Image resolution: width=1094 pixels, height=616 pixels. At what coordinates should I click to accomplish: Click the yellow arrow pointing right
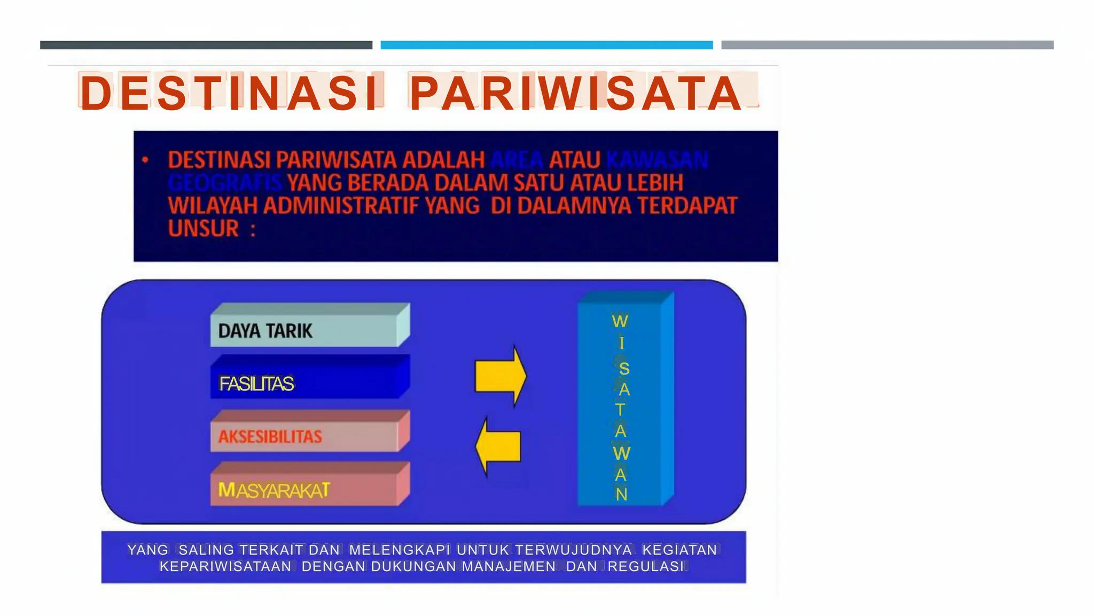coord(500,376)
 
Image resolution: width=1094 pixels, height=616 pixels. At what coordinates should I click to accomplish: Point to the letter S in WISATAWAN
coord(623,368)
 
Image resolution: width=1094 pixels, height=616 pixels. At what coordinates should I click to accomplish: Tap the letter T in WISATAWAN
coord(620,410)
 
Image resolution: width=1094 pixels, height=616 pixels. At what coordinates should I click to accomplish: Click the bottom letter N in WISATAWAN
coord(621,495)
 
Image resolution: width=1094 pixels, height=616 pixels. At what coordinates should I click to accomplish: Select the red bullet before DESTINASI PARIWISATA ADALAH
coord(145,159)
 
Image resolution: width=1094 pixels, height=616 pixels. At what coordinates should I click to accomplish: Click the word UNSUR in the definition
coord(204,229)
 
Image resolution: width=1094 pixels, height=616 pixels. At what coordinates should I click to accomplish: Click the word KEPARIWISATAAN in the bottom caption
coord(225,566)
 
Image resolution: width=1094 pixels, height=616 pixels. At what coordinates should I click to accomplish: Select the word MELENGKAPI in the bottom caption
coord(399,550)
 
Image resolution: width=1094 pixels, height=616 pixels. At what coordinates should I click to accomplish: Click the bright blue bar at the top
coord(546,45)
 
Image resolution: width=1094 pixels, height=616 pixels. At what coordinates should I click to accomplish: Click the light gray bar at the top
coord(887,45)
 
